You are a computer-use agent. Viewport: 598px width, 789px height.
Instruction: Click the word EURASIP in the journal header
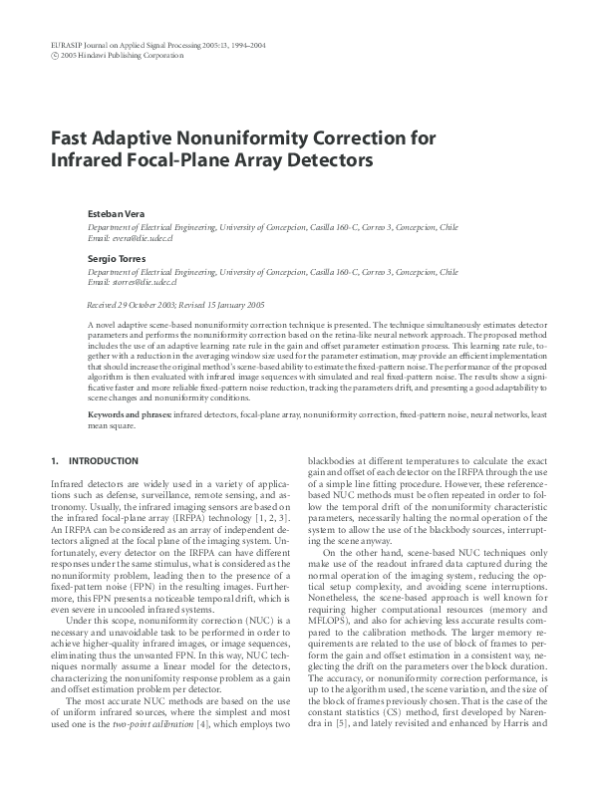(x=66, y=46)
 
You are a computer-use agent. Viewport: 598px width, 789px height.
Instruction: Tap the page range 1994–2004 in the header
(x=245, y=46)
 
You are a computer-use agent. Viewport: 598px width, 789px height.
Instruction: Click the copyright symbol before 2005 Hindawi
(x=54, y=56)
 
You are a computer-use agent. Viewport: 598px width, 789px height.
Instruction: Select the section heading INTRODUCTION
(x=102, y=461)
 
